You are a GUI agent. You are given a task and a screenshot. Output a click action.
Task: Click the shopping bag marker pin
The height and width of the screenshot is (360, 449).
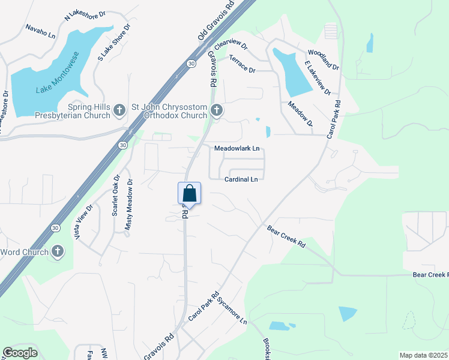point(189,194)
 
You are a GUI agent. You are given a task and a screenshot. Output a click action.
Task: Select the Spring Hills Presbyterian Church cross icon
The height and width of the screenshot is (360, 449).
point(119,110)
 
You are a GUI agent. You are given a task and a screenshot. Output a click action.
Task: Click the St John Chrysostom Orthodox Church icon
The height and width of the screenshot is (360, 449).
point(217,110)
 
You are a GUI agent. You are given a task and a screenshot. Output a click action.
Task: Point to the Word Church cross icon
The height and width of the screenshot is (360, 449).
point(58,251)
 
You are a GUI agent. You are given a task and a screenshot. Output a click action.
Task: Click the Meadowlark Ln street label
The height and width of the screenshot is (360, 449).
point(237,148)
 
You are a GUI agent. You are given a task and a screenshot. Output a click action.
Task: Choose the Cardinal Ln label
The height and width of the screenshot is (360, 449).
point(241,179)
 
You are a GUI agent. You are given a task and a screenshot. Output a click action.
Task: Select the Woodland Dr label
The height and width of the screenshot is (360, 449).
point(323,59)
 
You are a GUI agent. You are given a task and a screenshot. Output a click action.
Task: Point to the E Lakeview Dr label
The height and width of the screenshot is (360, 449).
point(318,78)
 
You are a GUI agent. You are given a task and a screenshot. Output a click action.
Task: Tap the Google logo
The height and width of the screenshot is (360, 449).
point(20,353)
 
